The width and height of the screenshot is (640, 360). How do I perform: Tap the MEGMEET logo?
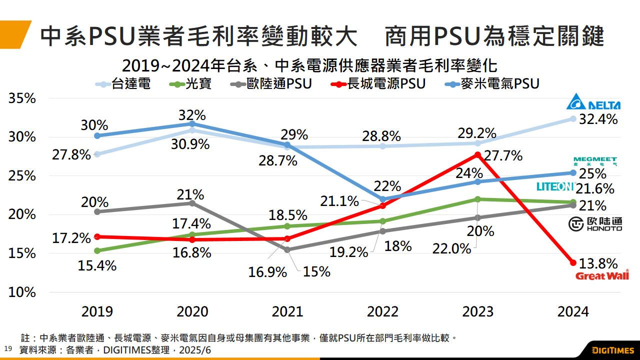point(595,161)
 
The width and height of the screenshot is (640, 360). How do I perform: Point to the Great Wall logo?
point(602,275)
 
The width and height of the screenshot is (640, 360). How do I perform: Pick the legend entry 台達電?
point(123,83)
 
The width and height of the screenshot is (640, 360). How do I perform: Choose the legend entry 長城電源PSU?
point(378,83)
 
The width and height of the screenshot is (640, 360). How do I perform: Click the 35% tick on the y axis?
point(22,98)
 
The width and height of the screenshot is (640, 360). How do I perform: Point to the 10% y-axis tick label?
point(22,292)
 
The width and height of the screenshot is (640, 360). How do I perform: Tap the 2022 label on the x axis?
point(383,311)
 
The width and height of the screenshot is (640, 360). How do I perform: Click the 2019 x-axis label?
point(97,311)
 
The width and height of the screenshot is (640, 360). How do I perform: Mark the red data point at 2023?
point(477,155)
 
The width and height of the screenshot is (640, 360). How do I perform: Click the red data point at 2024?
point(573,262)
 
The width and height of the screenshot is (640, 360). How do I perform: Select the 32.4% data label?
point(598,119)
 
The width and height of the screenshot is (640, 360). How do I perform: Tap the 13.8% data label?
point(598,263)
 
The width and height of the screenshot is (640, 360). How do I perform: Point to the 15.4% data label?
point(97,265)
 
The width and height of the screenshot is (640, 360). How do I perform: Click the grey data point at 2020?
point(192,203)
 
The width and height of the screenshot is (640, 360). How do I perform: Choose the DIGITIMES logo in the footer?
point(612,349)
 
